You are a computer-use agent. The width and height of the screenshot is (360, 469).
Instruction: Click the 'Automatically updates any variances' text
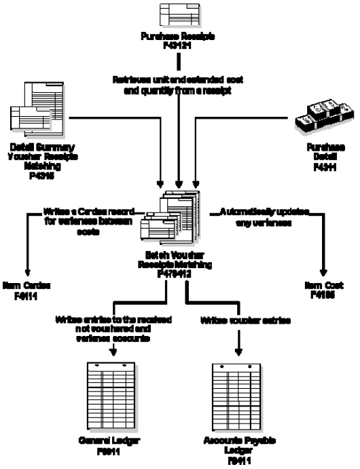(x=265, y=217)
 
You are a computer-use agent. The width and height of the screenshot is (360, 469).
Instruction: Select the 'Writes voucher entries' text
(x=237, y=318)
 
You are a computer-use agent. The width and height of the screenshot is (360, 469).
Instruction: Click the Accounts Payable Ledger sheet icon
(x=238, y=394)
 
